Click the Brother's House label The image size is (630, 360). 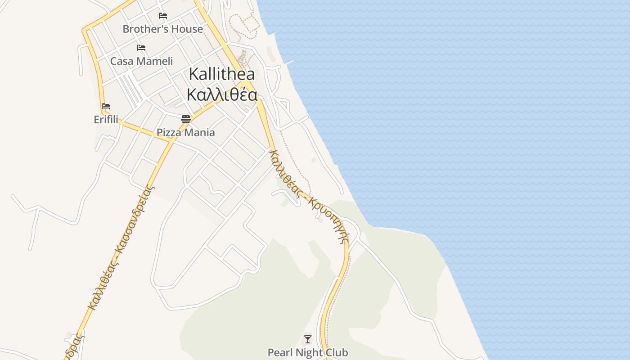click(162, 29)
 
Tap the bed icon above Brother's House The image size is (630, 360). click(163, 16)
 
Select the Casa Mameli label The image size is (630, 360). click(141, 61)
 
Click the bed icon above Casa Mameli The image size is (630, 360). click(141, 47)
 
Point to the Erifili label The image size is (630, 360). click(106, 120)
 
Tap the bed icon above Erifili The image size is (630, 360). click(106, 106)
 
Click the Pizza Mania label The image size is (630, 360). click(185, 133)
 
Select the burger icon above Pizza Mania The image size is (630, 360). click(186, 119)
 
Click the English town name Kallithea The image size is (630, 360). click(221, 74)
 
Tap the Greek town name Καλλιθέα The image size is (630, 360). click(222, 95)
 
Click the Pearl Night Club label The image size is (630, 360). click(308, 352)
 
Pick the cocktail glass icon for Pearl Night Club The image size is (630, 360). click(308, 339)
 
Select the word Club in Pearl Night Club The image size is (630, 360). click(337, 352)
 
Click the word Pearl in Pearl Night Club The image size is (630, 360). click(279, 352)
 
